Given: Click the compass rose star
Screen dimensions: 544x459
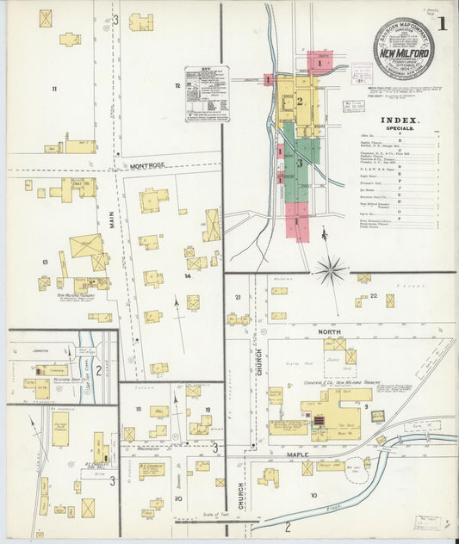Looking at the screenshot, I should click(330, 270).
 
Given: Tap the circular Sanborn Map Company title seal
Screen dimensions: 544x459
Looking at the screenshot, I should click(402, 48).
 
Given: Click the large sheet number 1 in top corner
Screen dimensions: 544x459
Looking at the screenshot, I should click(441, 23).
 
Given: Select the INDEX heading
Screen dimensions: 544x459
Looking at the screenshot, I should click(400, 121).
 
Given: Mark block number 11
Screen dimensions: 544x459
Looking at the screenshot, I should click(53, 89).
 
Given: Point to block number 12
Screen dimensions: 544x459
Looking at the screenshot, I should click(177, 85).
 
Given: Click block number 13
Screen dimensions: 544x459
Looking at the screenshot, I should click(44, 262).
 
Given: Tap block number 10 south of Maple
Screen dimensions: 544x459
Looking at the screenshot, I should click(314, 495).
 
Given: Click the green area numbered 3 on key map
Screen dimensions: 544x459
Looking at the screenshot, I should click(300, 163).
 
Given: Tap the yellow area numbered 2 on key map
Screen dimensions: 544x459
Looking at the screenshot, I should click(300, 102).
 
